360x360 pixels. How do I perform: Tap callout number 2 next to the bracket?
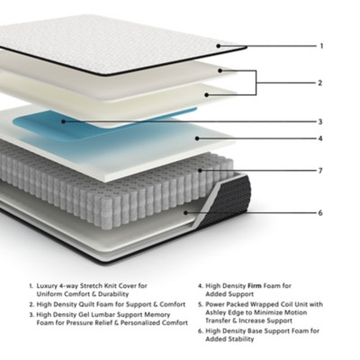pyautogui.click(x=319, y=83)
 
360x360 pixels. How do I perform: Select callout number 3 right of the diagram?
pyautogui.click(x=319, y=121)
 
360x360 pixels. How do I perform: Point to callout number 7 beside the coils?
pyautogui.click(x=319, y=169)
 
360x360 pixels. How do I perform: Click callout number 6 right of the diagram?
pyautogui.click(x=319, y=213)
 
